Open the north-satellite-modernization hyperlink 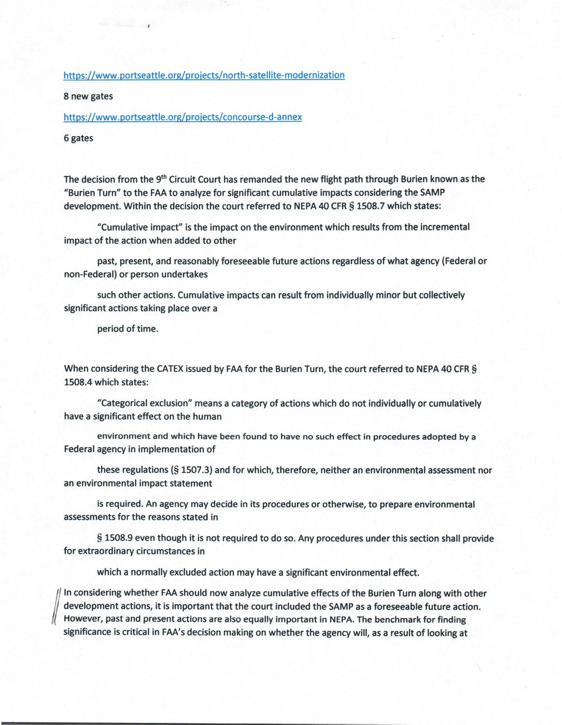[x=204, y=75]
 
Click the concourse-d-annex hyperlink [x=182, y=117]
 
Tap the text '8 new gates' [x=88, y=96]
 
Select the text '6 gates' [x=78, y=138]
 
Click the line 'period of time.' [x=128, y=329]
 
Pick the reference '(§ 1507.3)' [x=191, y=471]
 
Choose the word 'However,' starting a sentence [x=81, y=620]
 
